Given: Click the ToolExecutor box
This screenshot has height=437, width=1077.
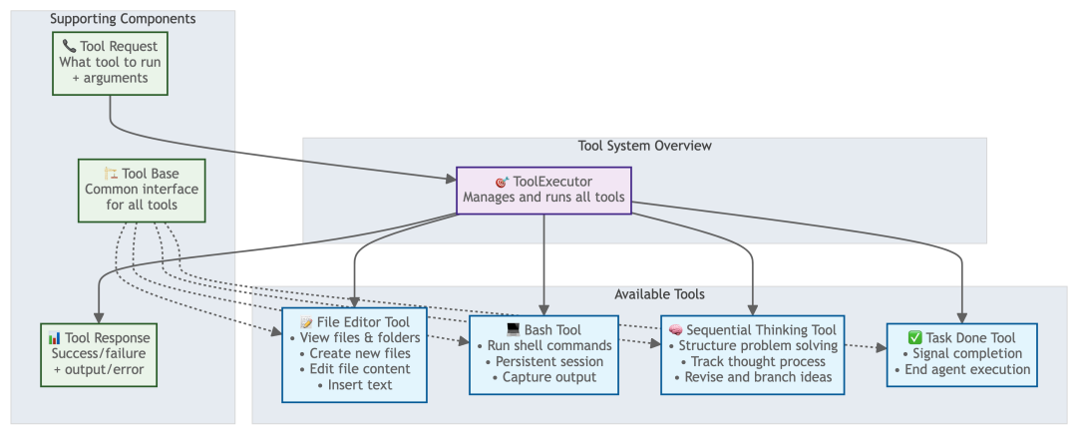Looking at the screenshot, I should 543,190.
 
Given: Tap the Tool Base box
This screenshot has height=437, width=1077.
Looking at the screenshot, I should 142,190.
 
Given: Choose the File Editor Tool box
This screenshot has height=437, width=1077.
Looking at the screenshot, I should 354,353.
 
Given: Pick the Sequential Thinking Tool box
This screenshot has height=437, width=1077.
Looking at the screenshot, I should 752,353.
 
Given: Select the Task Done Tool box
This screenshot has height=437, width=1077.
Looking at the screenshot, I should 961,353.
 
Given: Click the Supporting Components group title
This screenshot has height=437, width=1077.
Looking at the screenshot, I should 123,19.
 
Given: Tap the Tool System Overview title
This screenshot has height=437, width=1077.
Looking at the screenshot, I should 644,146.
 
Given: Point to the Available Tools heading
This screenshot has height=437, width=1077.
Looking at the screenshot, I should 659,294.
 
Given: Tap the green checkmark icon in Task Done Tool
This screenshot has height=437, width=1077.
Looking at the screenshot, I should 915,337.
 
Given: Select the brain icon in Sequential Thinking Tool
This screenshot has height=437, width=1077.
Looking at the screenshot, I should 675,330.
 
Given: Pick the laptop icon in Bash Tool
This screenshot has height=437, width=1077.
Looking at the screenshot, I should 514,330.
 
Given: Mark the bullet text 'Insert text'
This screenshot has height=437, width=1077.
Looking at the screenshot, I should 360,385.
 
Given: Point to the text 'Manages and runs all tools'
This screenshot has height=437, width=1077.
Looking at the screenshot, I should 543,198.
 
